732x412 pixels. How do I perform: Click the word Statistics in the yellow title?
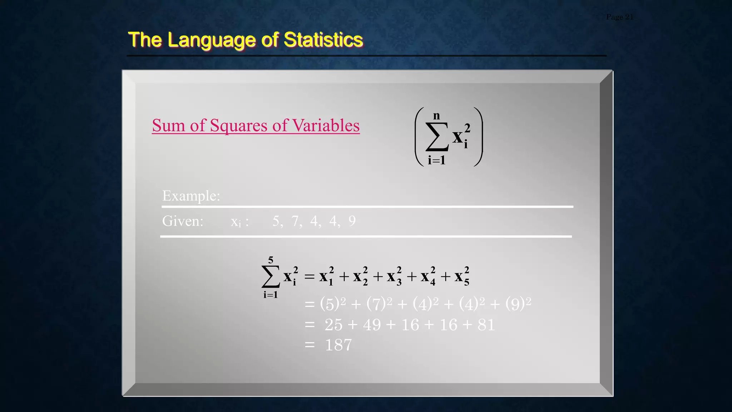click(323, 39)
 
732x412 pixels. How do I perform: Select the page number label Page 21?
click(619, 17)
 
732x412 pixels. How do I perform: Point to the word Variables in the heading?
click(326, 126)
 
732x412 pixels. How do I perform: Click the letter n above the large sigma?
click(436, 116)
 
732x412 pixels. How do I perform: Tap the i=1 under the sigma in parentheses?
click(436, 160)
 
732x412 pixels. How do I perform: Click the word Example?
click(191, 196)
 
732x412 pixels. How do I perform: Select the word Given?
click(183, 221)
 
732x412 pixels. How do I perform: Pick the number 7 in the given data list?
click(295, 221)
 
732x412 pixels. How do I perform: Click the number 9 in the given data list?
click(352, 221)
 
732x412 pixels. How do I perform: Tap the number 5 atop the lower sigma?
click(271, 260)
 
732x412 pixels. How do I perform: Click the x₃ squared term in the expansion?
click(394, 276)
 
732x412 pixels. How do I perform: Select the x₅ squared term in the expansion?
click(462, 276)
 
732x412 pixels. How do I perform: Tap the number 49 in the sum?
click(372, 325)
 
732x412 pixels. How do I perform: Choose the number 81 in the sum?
click(486, 325)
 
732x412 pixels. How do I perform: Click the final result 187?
click(338, 345)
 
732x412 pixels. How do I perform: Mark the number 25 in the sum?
click(333, 325)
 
